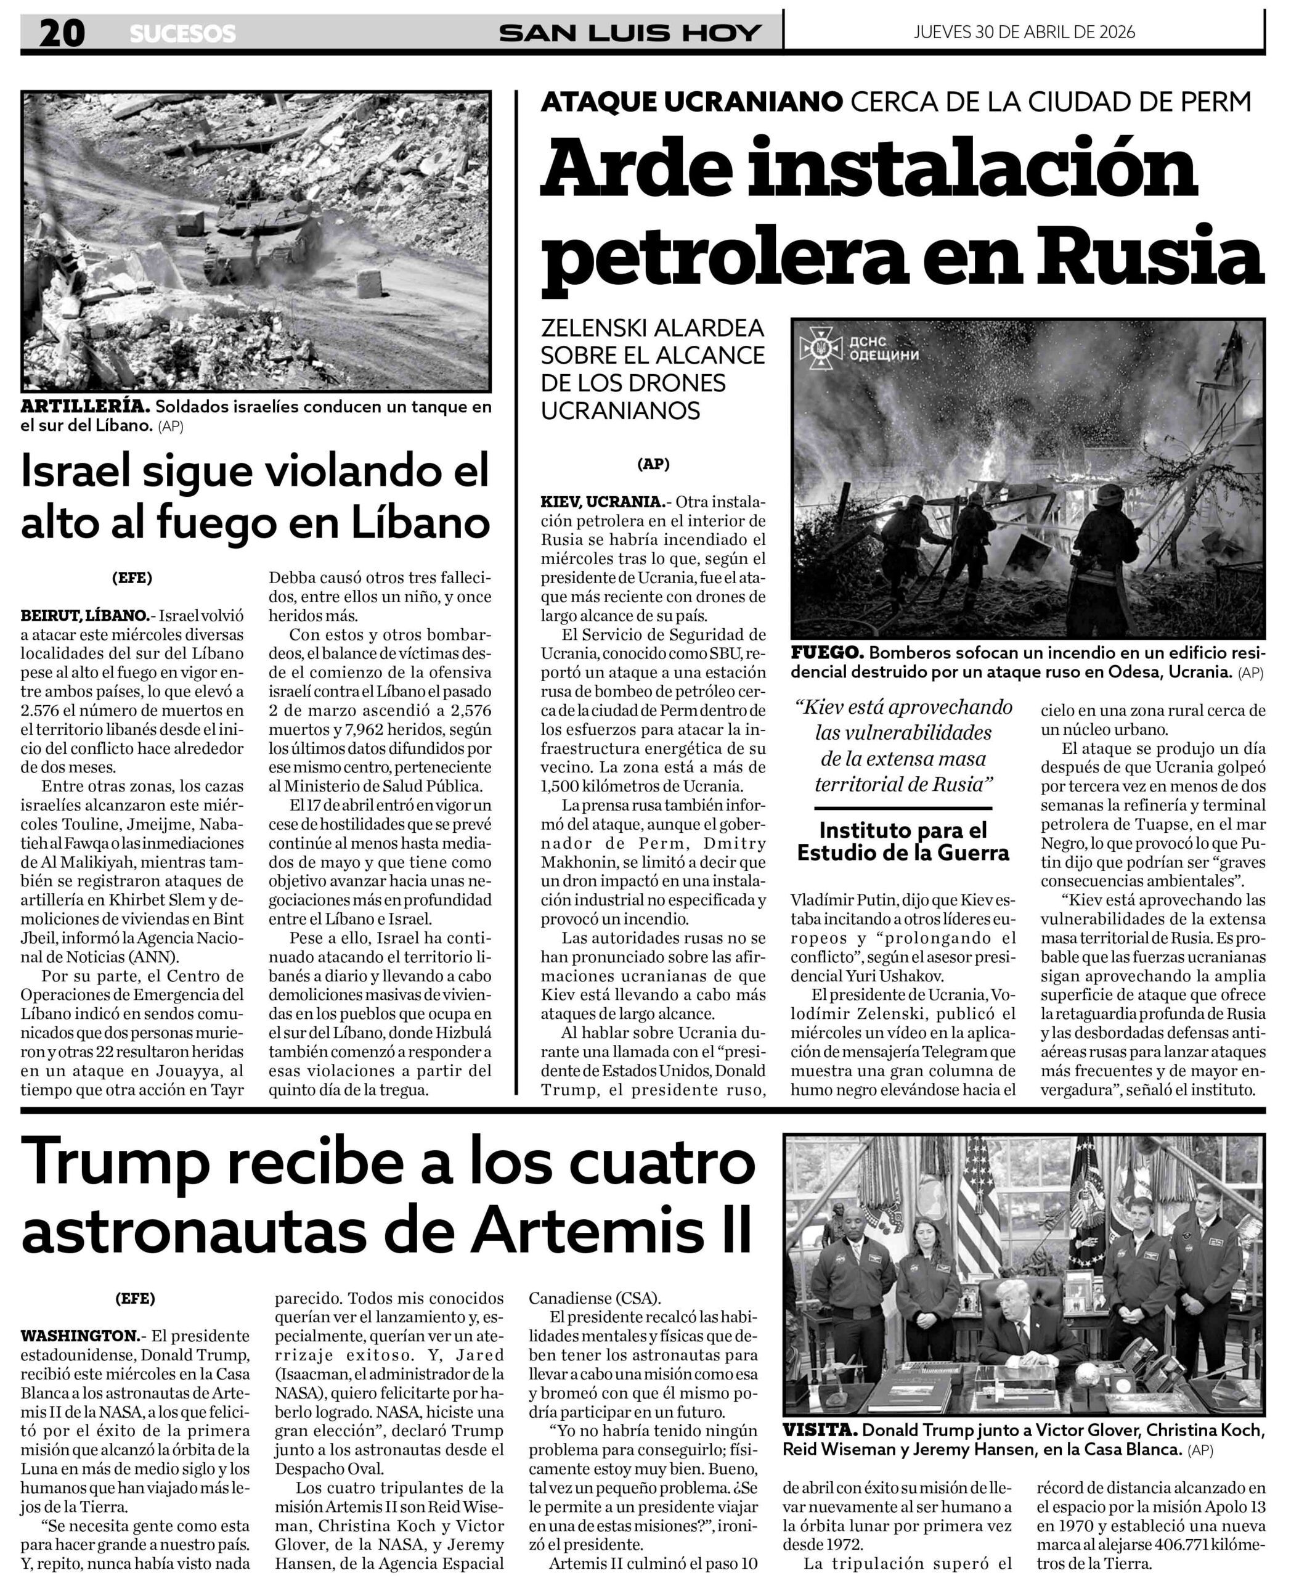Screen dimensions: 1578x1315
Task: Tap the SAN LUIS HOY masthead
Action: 631,33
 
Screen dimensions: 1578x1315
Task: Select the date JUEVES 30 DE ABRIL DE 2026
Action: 1024,32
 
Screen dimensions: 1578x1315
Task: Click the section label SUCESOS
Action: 182,34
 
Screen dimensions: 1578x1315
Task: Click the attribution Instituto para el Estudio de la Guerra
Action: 903,841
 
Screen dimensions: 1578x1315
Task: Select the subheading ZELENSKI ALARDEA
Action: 652,329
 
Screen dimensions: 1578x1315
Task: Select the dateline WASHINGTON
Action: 79,1335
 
